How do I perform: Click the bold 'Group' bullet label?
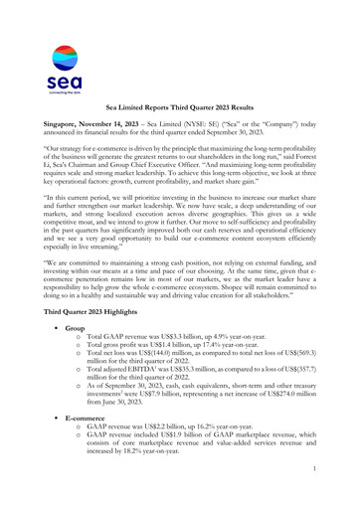coord(76,356)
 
